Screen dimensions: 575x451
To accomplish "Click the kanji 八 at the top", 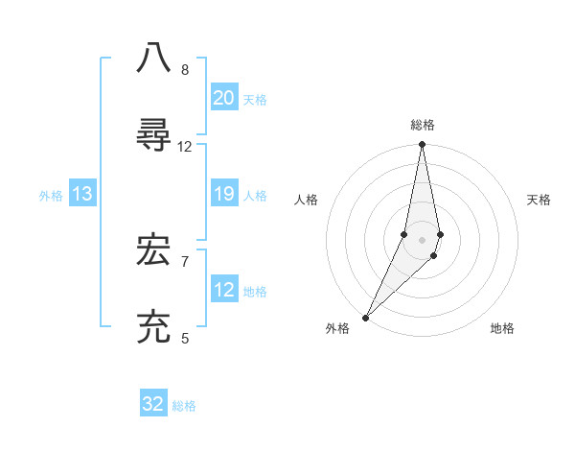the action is pyautogui.click(x=154, y=57).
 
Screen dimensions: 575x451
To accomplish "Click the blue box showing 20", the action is pyautogui.click(x=224, y=98).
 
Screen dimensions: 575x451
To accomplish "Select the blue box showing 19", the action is pyautogui.click(x=224, y=195).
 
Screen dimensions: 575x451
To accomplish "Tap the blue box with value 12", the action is pyautogui.click(x=224, y=291).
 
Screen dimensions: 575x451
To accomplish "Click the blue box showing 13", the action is pyautogui.click(x=82, y=195).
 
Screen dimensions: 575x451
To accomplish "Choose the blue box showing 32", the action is pyautogui.click(x=153, y=404).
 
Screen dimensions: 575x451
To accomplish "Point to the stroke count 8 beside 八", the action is pyautogui.click(x=185, y=70).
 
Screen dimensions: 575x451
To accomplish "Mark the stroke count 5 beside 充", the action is pyautogui.click(x=185, y=338).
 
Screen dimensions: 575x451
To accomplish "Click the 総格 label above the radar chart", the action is pyautogui.click(x=423, y=125).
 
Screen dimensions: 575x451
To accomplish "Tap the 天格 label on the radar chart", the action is pyautogui.click(x=540, y=200).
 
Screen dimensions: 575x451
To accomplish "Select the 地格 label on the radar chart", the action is pyautogui.click(x=502, y=328).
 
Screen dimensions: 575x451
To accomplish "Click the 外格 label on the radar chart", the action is pyautogui.click(x=337, y=328).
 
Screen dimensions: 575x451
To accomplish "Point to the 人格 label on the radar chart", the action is pyautogui.click(x=306, y=200).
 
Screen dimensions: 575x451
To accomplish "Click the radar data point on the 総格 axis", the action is pyautogui.click(x=422, y=145).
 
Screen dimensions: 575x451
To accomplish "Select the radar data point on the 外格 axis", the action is pyautogui.click(x=365, y=317).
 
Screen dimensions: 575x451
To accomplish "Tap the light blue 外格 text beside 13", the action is pyautogui.click(x=51, y=196).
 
